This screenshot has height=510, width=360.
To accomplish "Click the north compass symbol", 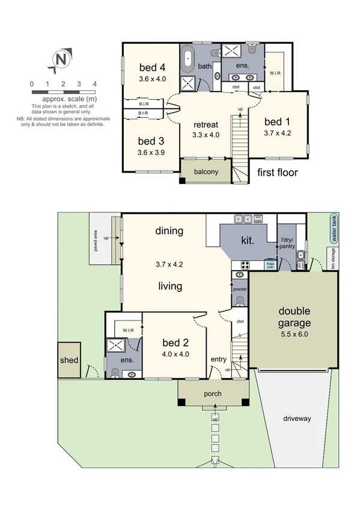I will point(60,60).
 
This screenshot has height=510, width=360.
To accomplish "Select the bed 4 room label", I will point(151,67).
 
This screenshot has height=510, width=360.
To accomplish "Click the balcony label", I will point(206,171).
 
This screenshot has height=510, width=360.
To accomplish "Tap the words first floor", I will point(277,173).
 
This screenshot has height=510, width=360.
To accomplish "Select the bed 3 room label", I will point(151,141).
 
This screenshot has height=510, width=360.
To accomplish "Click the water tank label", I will point(334,229).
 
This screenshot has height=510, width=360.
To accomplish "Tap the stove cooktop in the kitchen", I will point(246,265).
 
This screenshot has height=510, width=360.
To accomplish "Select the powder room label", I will point(240,289).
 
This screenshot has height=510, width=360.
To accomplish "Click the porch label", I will point(213,395).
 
